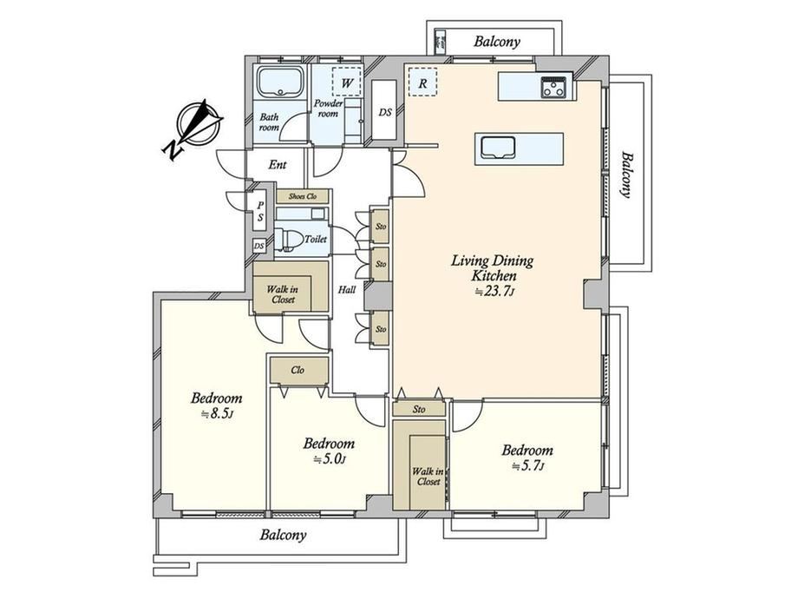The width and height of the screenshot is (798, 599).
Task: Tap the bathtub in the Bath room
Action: [280, 82]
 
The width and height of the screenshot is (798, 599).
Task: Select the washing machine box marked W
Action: [347, 82]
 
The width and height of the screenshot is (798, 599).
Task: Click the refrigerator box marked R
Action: [422, 82]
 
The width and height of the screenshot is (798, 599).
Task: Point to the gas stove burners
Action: [553, 88]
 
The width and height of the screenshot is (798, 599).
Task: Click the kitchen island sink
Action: [497, 147]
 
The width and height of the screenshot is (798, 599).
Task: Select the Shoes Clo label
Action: [303, 196]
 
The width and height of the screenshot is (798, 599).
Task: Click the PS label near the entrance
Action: [260, 211]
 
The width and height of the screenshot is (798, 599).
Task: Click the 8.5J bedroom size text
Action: [218, 414]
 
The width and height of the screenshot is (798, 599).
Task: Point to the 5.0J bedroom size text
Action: [329, 459]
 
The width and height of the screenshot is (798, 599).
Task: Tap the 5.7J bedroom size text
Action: [527, 466]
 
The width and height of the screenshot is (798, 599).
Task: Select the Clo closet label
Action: [298, 370]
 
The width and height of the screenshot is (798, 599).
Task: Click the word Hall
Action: [347, 290]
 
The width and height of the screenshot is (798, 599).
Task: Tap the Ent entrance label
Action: [278, 165]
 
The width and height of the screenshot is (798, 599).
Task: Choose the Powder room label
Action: [328, 109]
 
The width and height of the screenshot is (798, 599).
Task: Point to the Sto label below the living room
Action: [419, 409]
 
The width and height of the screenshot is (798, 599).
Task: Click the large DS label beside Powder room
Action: [385, 112]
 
